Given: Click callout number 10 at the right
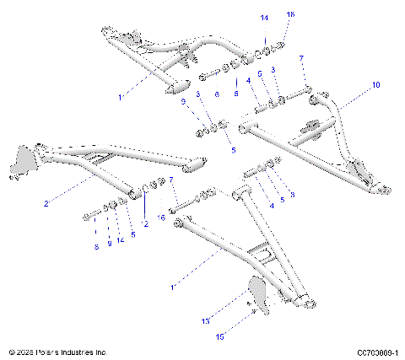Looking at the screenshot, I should pos(375,85).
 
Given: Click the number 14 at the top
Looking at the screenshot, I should pos(264,17).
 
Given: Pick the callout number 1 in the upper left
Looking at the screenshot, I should pos(121,98).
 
